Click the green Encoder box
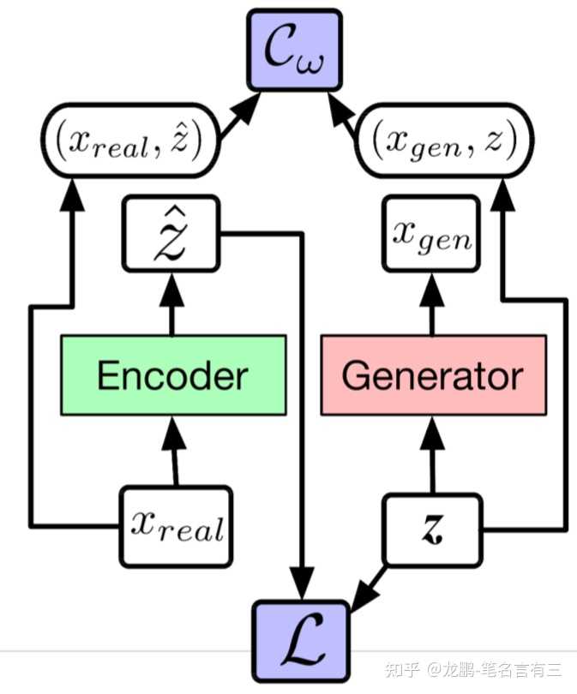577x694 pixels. pyautogui.click(x=173, y=375)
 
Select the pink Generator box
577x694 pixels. pyautogui.click(x=434, y=375)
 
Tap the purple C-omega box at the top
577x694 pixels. pyautogui.click(x=294, y=50)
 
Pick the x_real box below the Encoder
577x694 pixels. pyautogui.click(x=176, y=527)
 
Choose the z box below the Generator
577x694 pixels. pyautogui.click(x=432, y=529)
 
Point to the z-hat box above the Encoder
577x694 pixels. pyautogui.click(x=171, y=233)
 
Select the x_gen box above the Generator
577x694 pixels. pyautogui.click(x=431, y=233)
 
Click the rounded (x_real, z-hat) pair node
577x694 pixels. pyautogui.click(x=130, y=141)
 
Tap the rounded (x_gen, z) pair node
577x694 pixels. pyautogui.click(x=445, y=141)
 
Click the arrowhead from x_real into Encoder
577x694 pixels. pyautogui.click(x=173, y=433)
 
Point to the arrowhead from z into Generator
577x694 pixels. pyautogui.click(x=432, y=433)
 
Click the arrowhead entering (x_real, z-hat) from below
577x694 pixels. pyautogui.click(x=71, y=194)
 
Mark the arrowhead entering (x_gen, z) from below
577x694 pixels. pyautogui.click(x=502, y=194)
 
